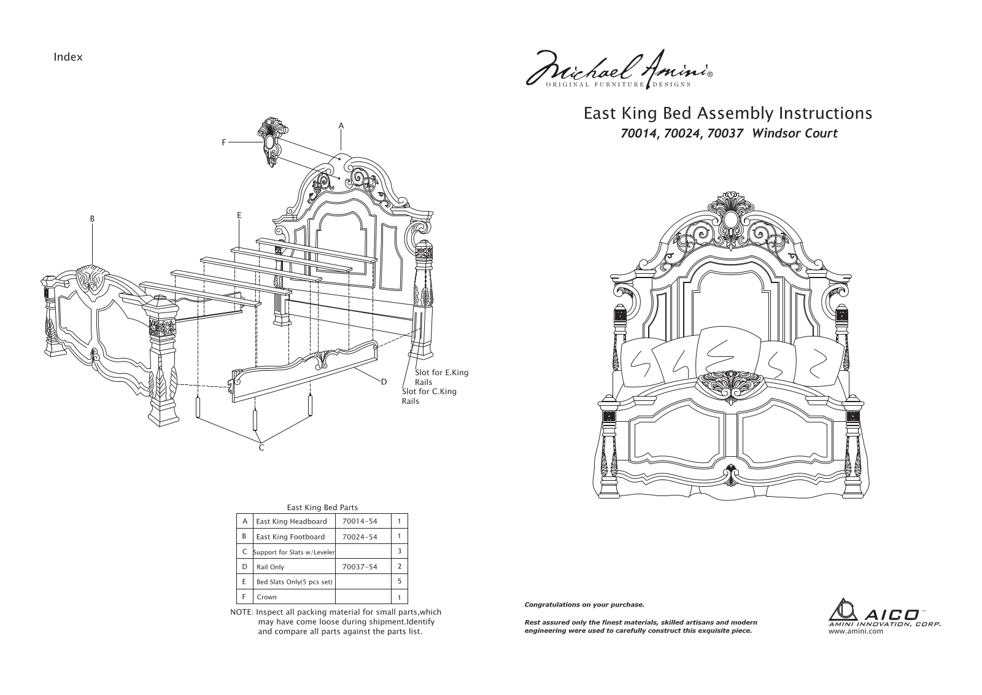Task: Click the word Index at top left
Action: (x=68, y=57)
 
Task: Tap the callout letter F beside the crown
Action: (x=224, y=142)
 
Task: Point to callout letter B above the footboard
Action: (x=92, y=219)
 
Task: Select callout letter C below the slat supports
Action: (x=261, y=448)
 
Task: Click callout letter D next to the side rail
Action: (x=384, y=382)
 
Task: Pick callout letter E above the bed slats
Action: (x=239, y=215)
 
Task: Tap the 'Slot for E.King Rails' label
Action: (x=441, y=377)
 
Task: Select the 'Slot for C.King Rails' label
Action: (x=429, y=396)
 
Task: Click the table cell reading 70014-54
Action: (x=360, y=521)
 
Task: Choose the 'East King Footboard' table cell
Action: (x=290, y=537)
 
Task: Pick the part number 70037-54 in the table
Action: (x=360, y=567)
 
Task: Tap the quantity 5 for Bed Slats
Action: (x=400, y=581)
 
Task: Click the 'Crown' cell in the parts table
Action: (x=266, y=597)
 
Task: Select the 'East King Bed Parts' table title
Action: (x=322, y=507)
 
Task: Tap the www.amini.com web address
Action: (x=856, y=631)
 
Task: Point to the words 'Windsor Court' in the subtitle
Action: (x=794, y=133)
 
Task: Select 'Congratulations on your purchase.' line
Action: (x=584, y=605)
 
